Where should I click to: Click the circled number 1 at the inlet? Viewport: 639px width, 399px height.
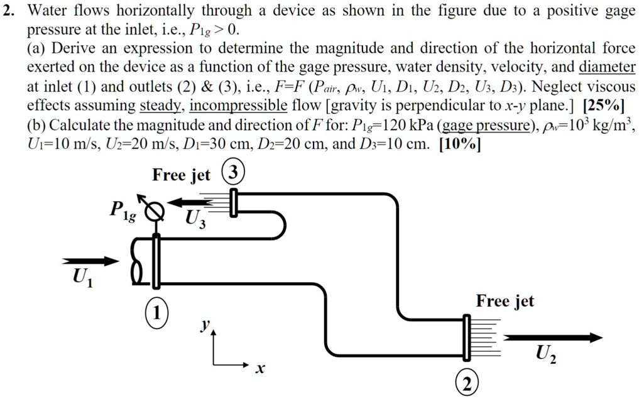[158, 312]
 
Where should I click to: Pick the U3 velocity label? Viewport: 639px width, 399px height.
[195, 219]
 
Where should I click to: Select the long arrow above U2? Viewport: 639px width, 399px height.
[553, 338]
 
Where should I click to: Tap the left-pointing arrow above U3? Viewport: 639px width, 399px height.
[197, 202]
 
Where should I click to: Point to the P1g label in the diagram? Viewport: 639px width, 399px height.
[123, 212]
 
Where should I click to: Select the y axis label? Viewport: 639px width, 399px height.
[204, 325]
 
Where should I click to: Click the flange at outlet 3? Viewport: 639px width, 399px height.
[234, 202]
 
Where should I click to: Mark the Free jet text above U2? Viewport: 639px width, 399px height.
[505, 301]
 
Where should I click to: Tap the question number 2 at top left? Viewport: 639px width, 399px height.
[7, 11]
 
